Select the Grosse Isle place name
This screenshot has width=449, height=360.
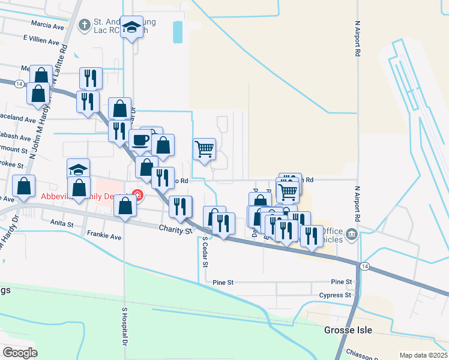point(348,331)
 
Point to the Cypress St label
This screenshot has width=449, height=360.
point(336,295)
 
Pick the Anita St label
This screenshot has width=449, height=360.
point(62,224)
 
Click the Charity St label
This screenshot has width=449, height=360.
point(175,229)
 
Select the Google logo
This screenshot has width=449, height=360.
point(20,353)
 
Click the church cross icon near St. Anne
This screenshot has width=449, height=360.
point(85,25)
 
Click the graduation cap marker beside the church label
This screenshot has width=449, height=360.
point(131,27)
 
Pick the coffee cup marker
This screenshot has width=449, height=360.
point(140,140)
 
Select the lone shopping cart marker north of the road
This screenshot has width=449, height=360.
point(205,148)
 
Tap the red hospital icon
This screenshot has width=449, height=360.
point(138,195)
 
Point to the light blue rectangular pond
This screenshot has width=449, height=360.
point(178,32)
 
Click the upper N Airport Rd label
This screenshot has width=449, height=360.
point(358,39)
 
